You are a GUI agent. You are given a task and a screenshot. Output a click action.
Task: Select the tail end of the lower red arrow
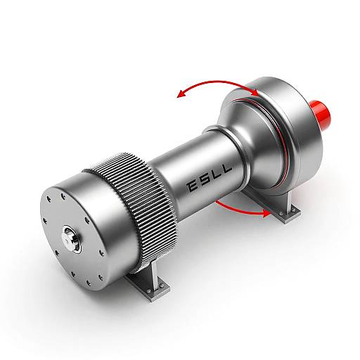(216, 200)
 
